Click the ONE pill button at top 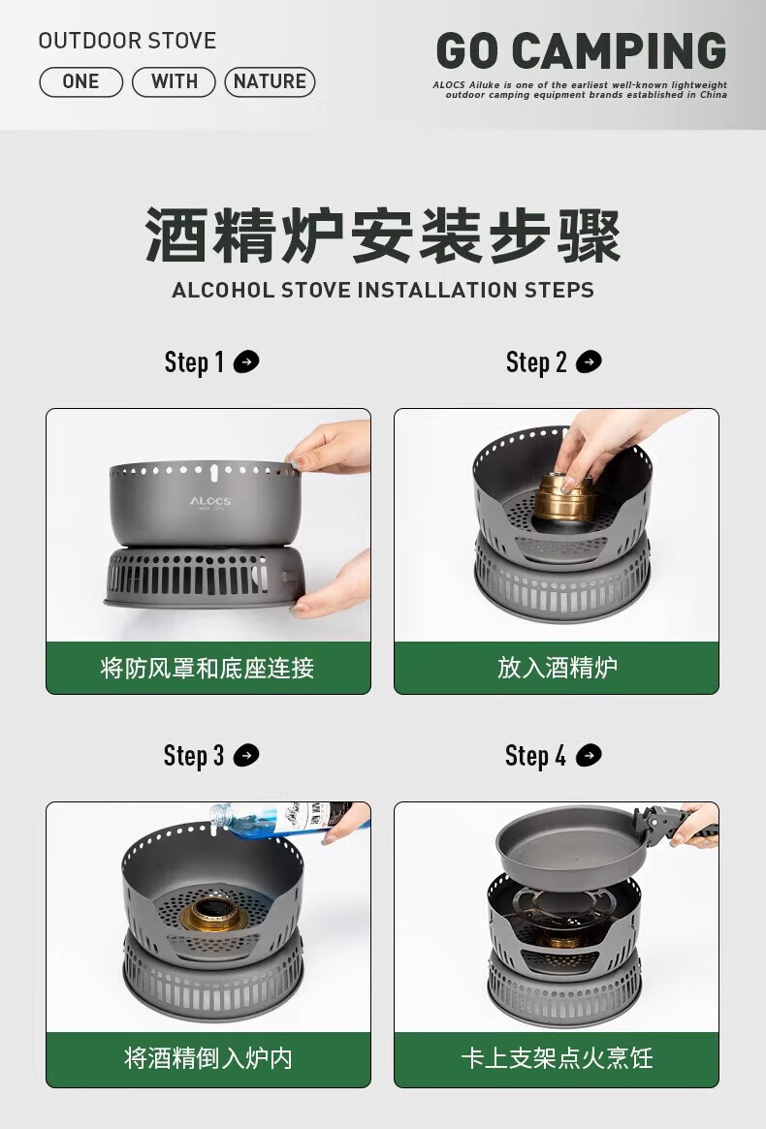(x=80, y=82)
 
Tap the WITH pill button (x=174, y=82)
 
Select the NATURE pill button (x=270, y=82)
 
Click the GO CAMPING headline (x=580, y=51)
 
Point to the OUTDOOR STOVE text (x=127, y=41)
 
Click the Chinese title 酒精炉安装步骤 (x=383, y=235)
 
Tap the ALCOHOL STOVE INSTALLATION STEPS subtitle (x=383, y=290)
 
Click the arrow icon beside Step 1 (x=246, y=362)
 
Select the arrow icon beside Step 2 (x=589, y=362)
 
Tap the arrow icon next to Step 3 (x=246, y=756)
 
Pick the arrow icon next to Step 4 (x=589, y=756)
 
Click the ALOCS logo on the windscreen (x=209, y=502)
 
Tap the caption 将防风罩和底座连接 (x=207, y=668)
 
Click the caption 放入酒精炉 (x=557, y=668)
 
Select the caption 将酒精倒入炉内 (x=207, y=1057)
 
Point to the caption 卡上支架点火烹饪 (x=557, y=1057)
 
